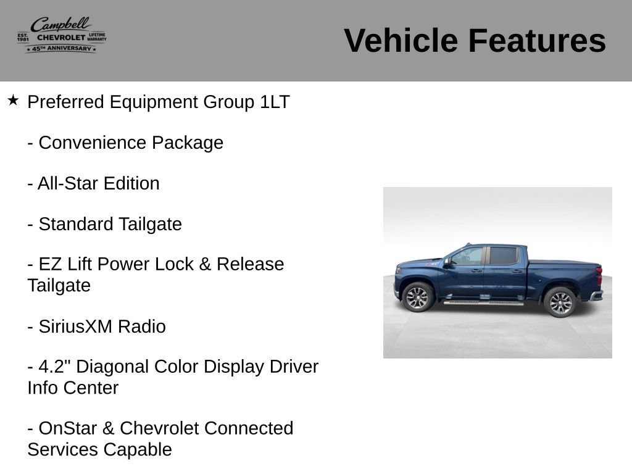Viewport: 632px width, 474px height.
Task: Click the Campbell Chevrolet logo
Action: [x=62, y=35]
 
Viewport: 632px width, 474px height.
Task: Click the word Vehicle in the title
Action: [x=401, y=40]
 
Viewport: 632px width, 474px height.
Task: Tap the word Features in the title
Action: [x=537, y=40]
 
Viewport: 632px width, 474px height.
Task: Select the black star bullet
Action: [x=13, y=100]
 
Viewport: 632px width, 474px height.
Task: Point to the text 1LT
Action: [x=275, y=102]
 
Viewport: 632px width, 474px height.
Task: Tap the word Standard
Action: [x=76, y=224]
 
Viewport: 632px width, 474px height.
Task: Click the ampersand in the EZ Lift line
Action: [x=205, y=264]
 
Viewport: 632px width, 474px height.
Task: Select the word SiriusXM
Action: [x=75, y=326]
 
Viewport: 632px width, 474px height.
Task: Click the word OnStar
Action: [x=68, y=428]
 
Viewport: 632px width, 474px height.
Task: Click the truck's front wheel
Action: [x=418, y=297]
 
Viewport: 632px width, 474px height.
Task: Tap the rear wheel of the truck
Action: [x=560, y=302]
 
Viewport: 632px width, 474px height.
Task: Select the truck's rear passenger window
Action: [x=504, y=256]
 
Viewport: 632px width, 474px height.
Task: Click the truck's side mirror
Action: [x=447, y=262]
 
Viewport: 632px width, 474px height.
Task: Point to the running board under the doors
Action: [x=483, y=302]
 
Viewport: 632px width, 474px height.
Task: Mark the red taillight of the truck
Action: [x=600, y=275]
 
